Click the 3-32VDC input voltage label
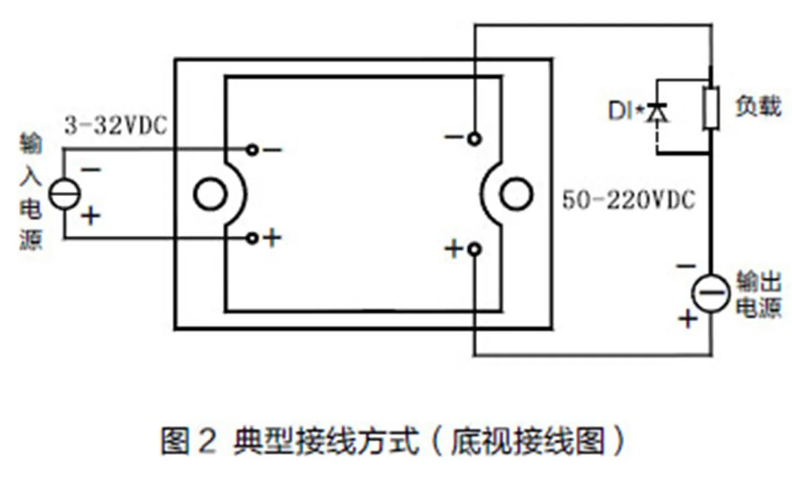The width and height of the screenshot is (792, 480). [116, 125]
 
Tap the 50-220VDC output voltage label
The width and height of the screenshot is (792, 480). [628, 200]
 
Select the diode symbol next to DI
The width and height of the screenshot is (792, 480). [657, 113]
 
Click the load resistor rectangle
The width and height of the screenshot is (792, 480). [711, 108]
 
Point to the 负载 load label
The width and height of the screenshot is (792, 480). [758, 106]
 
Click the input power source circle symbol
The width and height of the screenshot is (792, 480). [64, 194]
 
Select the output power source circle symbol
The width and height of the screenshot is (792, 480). [711, 293]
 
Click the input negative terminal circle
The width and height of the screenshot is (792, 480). [252, 150]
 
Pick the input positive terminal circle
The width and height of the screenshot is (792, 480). [252, 238]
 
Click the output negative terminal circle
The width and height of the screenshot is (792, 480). [474, 139]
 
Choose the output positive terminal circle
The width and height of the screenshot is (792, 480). [474, 250]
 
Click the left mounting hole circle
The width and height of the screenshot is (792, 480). [210, 194]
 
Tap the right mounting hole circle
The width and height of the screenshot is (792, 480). [516, 194]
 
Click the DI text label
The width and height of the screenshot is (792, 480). [620, 111]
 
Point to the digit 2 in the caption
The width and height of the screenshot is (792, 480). [207, 442]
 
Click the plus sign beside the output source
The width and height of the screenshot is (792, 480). [688, 319]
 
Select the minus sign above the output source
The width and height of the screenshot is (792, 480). [686, 266]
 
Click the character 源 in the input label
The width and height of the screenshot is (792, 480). [31, 240]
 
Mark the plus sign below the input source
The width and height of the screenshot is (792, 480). [91, 216]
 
